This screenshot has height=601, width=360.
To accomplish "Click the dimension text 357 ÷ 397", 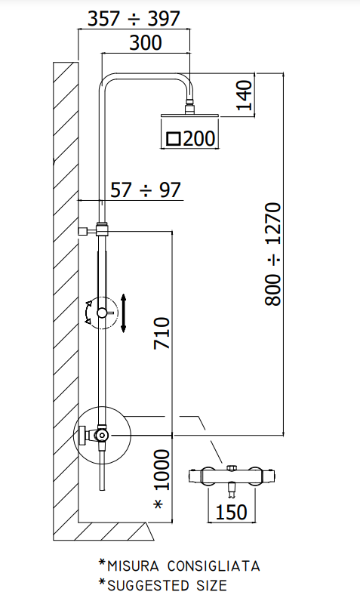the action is (134, 19).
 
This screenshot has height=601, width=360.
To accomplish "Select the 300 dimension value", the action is (146, 42).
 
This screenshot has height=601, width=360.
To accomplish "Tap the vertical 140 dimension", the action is (245, 94).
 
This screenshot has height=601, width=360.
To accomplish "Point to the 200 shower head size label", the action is (199, 138).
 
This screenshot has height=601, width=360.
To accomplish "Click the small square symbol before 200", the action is (174, 138).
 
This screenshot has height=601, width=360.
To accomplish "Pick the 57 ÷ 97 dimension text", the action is (146, 190).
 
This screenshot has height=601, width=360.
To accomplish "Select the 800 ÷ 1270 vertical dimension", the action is (273, 254).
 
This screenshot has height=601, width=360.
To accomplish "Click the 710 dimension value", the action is (162, 333).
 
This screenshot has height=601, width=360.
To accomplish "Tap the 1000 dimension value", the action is (162, 470).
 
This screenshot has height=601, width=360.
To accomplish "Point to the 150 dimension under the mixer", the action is (231, 512).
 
